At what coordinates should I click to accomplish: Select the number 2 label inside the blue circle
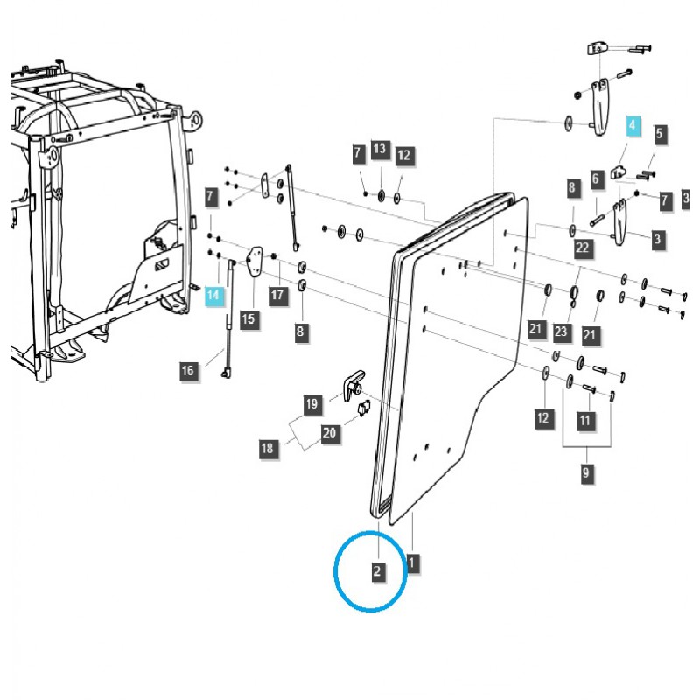(377, 572)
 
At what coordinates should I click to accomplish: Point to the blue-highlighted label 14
(213, 296)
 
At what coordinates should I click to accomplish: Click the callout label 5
(660, 135)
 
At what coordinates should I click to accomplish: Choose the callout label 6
(595, 178)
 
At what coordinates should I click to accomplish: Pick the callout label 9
(586, 473)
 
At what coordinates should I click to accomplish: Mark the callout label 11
(585, 421)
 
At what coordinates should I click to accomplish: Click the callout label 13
(379, 149)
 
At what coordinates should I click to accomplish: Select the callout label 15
(248, 319)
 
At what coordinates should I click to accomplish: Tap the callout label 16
(187, 371)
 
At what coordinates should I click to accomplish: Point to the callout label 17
(277, 295)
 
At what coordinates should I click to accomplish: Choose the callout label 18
(267, 449)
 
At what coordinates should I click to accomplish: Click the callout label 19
(311, 404)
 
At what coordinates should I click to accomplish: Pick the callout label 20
(329, 432)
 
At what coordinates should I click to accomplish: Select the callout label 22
(583, 248)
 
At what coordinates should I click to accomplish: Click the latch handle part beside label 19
(354, 382)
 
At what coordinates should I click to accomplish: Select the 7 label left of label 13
(358, 154)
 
